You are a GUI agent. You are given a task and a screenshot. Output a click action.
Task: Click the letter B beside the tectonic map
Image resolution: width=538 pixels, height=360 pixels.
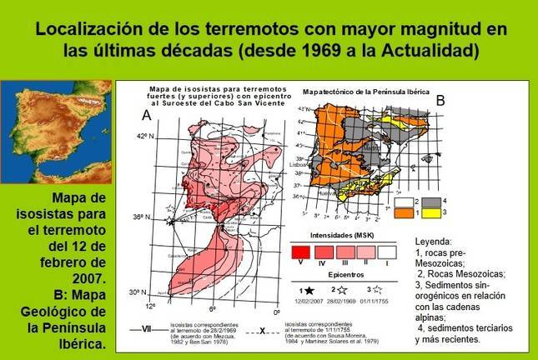(x=441, y=99)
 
